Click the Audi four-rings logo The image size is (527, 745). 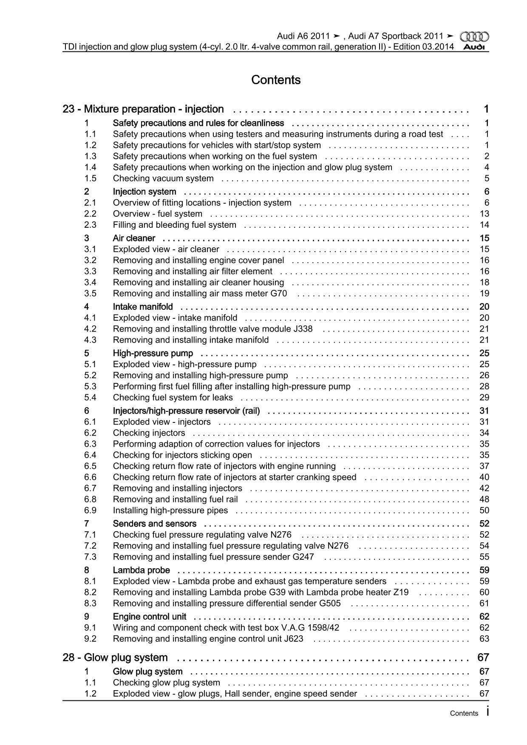pyautogui.click(x=475, y=37)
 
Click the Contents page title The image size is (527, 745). pyautogui.click(x=276, y=80)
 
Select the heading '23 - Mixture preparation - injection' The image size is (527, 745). pyautogui.click(x=143, y=109)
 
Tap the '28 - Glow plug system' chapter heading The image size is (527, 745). pyautogui.click(x=115, y=657)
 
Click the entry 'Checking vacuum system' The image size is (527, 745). pyautogui.click(x=163, y=178)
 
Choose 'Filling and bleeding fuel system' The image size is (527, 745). pyautogui.click(x=174, y=225)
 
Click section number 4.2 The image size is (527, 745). pyautogui.click(x=90, y=329)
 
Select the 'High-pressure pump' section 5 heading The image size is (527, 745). pyautogui.click(x=153, y=353)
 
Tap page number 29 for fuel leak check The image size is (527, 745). pyautogui.click(x=484, y=397)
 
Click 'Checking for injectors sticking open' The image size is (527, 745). pyautogui.click(x=182, y=455)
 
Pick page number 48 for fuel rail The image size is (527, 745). pyautogui.click(x=484, y=499)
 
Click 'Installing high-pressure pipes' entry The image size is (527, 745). pyautogui.click(x=170, y=510)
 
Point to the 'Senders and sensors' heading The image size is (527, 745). pyautogui.click(x=154, y=524)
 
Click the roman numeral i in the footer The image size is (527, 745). pyautogui.click(x=487, y=712)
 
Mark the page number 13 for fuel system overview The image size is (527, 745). pyautogui.click(x=484, y=214)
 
